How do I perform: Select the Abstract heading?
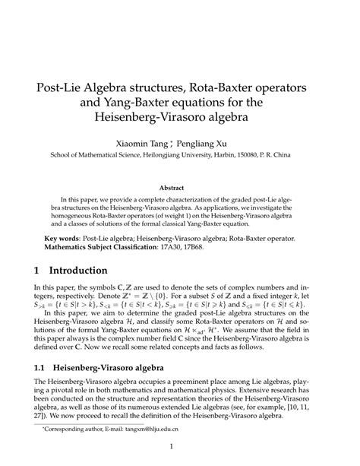[179, 187]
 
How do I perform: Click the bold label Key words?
[63, 238]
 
